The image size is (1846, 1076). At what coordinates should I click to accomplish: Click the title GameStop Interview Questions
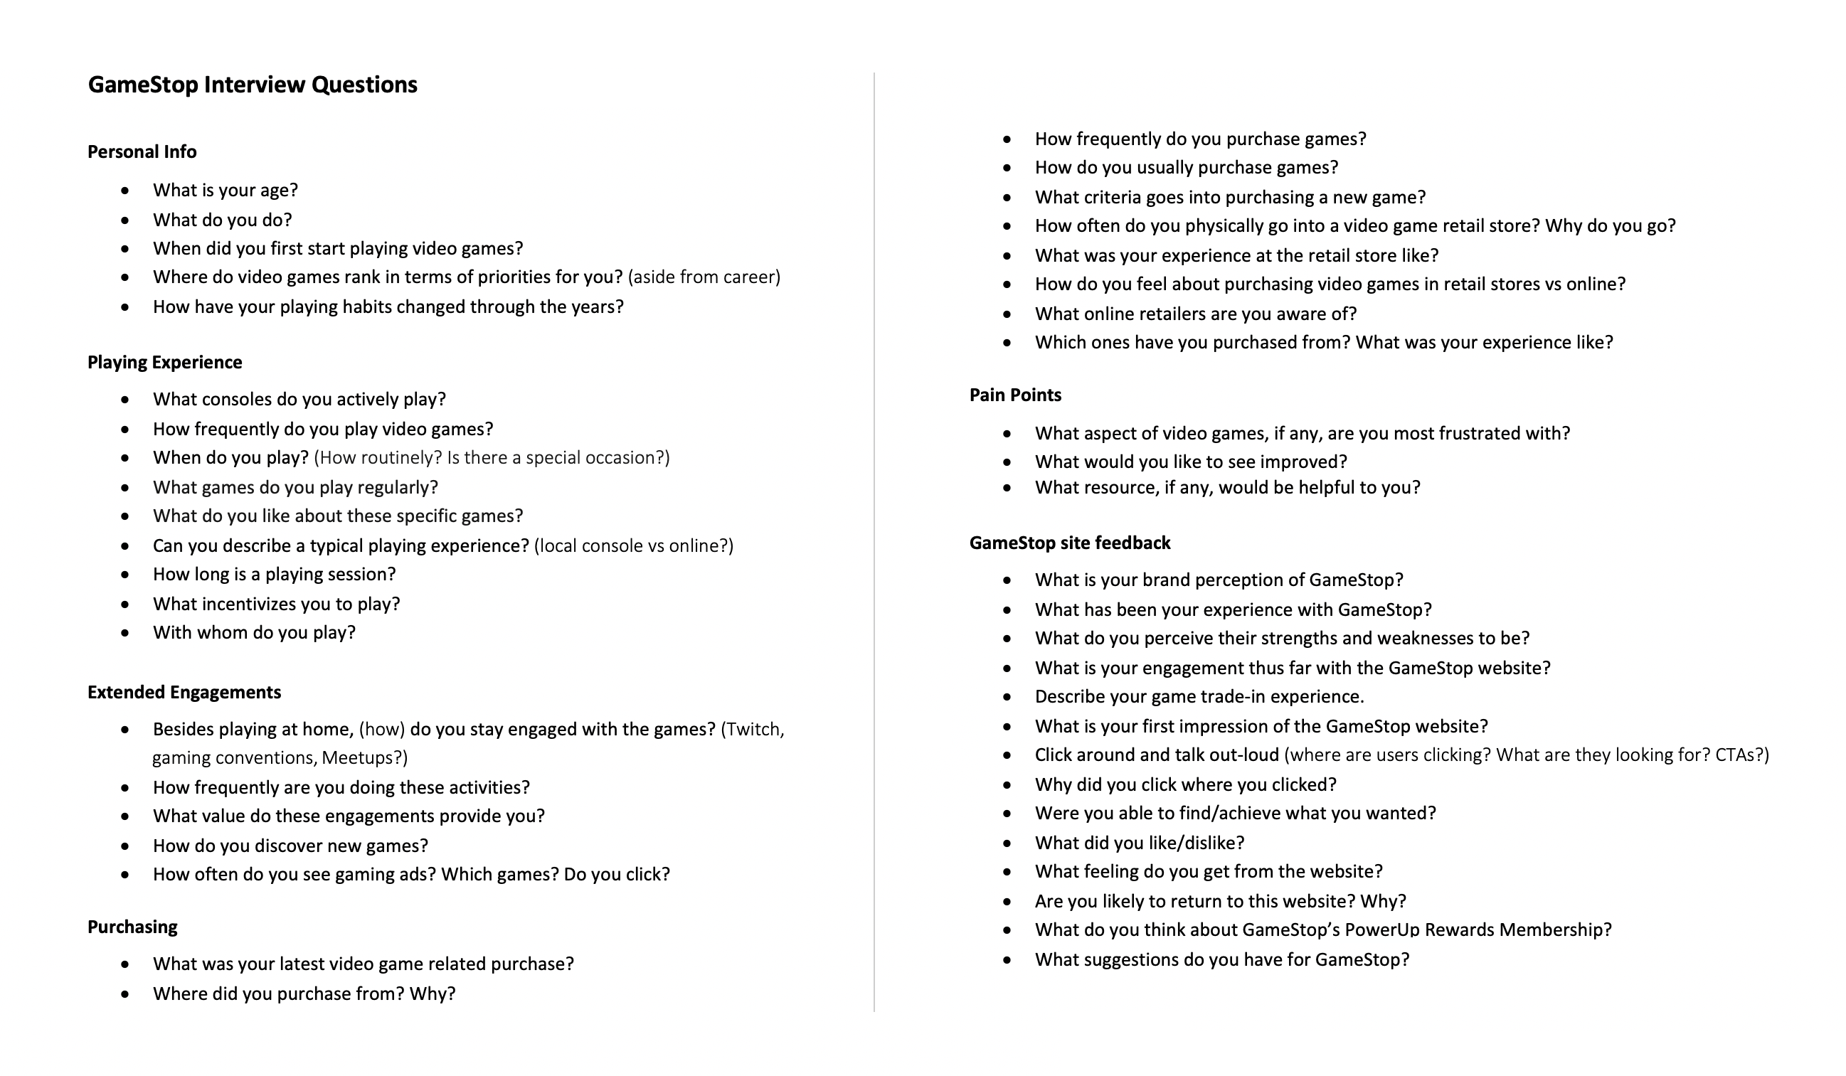(x=253, y=85)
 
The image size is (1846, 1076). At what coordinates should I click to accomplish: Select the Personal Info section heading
(x=142, y=151)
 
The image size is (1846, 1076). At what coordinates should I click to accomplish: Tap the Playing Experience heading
(x=165, y=362)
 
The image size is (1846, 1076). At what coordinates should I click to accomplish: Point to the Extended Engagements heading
(x=184, y=692)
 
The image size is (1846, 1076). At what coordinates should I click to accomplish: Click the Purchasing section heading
(x=132, y=927)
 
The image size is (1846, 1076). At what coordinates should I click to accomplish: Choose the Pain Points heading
(x=1015, y=395)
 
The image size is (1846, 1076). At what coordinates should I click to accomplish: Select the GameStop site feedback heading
(x=1069, y=543)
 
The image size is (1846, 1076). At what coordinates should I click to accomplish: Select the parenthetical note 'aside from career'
(x=704, y=277)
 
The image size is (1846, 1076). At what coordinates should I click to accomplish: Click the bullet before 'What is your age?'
(x=126, y=191)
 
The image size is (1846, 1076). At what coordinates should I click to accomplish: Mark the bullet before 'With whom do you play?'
(x=126, y=633)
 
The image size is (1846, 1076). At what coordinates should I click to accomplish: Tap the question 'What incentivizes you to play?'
(x=276, y=604)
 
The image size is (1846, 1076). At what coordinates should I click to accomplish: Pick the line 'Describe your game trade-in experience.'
(x=1199, y=696)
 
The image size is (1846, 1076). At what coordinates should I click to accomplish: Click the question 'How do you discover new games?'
(x=290, y=846)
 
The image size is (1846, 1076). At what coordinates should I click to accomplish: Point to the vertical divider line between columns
(x=874, y=542)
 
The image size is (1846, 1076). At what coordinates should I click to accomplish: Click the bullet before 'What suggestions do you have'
(x=1007, y=959)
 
